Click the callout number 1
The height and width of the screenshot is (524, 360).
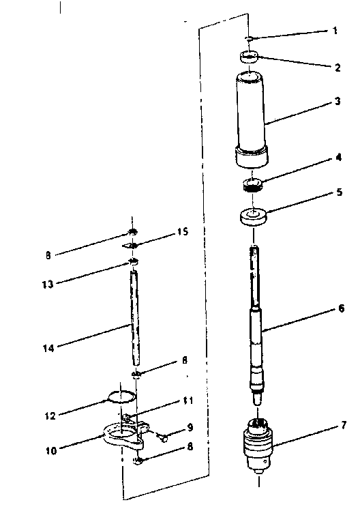coord(335,31)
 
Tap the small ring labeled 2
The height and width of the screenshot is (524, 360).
coord(250,57)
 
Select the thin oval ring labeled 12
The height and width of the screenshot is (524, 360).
coord(121,396)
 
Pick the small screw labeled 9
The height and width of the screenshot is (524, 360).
coord(164,438)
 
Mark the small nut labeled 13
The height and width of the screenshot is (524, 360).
coord(134,262)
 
